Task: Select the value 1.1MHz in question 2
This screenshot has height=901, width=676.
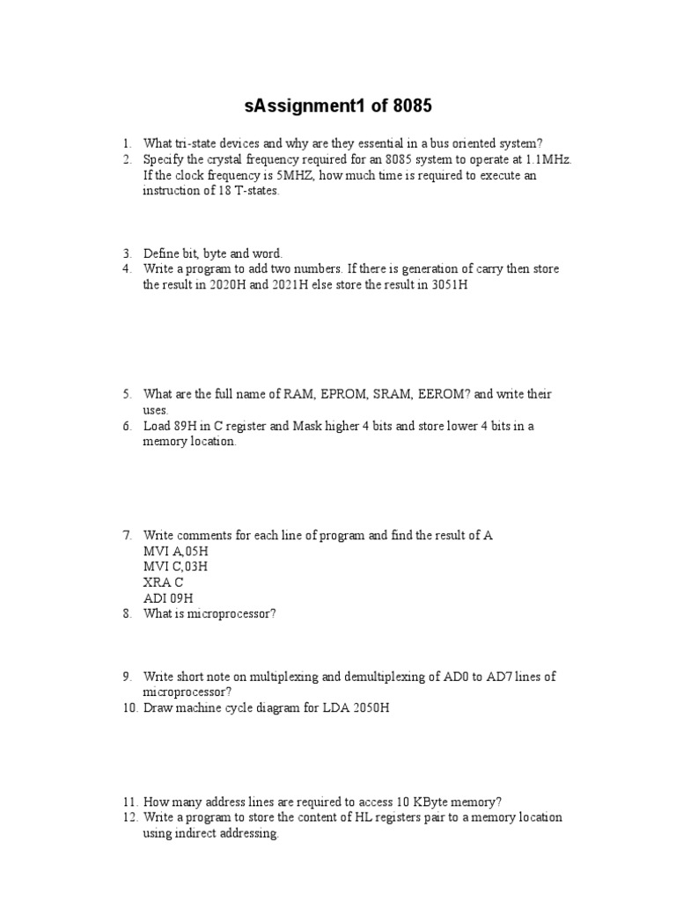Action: (x=549, y=159)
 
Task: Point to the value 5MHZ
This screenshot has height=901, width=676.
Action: (x=283, y=175)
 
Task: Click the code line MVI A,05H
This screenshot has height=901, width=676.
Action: (x=176, y=551)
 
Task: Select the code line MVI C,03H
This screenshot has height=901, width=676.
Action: (x=176, y=567)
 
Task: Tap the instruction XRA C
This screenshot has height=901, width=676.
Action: (x=163, y=582)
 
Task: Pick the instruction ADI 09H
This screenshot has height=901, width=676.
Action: (x=167, y=598)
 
